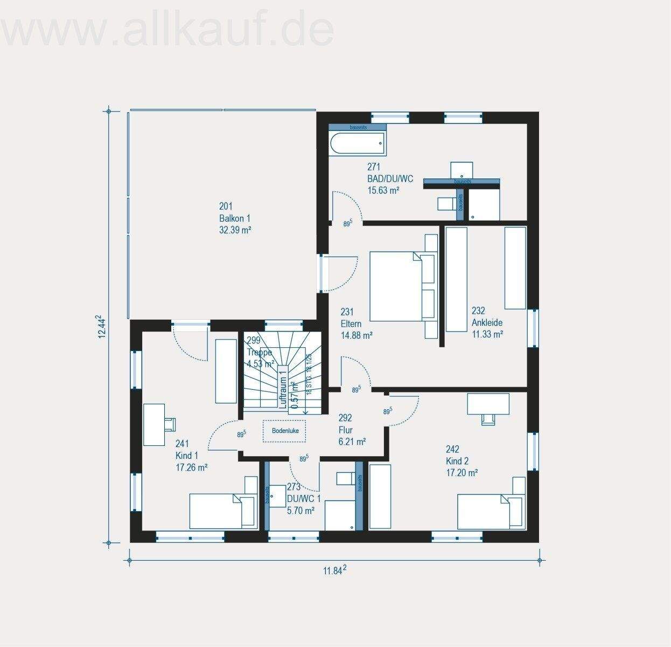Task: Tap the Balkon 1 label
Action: [x=234, y=218]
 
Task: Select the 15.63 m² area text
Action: [x=383, y=190]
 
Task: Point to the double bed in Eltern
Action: [x=397, y=286]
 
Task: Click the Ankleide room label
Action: [x=487, y=322]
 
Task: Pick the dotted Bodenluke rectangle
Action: [x=285, y=431]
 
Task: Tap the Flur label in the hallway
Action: [x=345, y=430]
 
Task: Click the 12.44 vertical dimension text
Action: [x=101, y=327]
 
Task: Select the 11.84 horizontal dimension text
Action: [x=334, y=571]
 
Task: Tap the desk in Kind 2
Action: [x=488, y=404]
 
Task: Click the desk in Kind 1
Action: [x=154, y=425]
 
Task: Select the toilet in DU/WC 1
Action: [x=344, y=478]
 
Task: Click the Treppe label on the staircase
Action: [x=259, y=352]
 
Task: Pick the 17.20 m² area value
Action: [x=462, y=473]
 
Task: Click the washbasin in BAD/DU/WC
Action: [x=462, y=169]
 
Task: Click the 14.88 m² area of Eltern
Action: [x=357, y=335]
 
